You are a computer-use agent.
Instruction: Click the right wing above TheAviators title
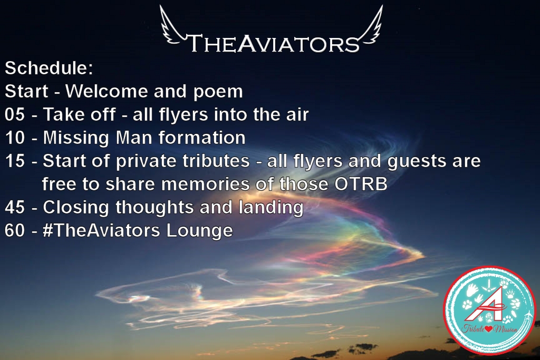pyautogui.click(x=370, y=26)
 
